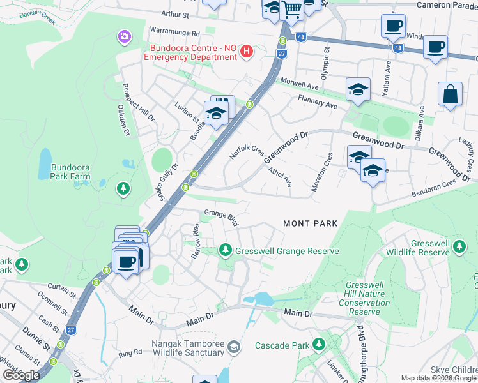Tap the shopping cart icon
(x=292, y=9)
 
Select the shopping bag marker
(x=450, y=94)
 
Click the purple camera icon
(x=123, y=37)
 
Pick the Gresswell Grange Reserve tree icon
(x=224, y=250)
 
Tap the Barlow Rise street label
(x=196, y=241)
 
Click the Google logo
(x=21, y=375)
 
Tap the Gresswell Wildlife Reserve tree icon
(x=458, y=246)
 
